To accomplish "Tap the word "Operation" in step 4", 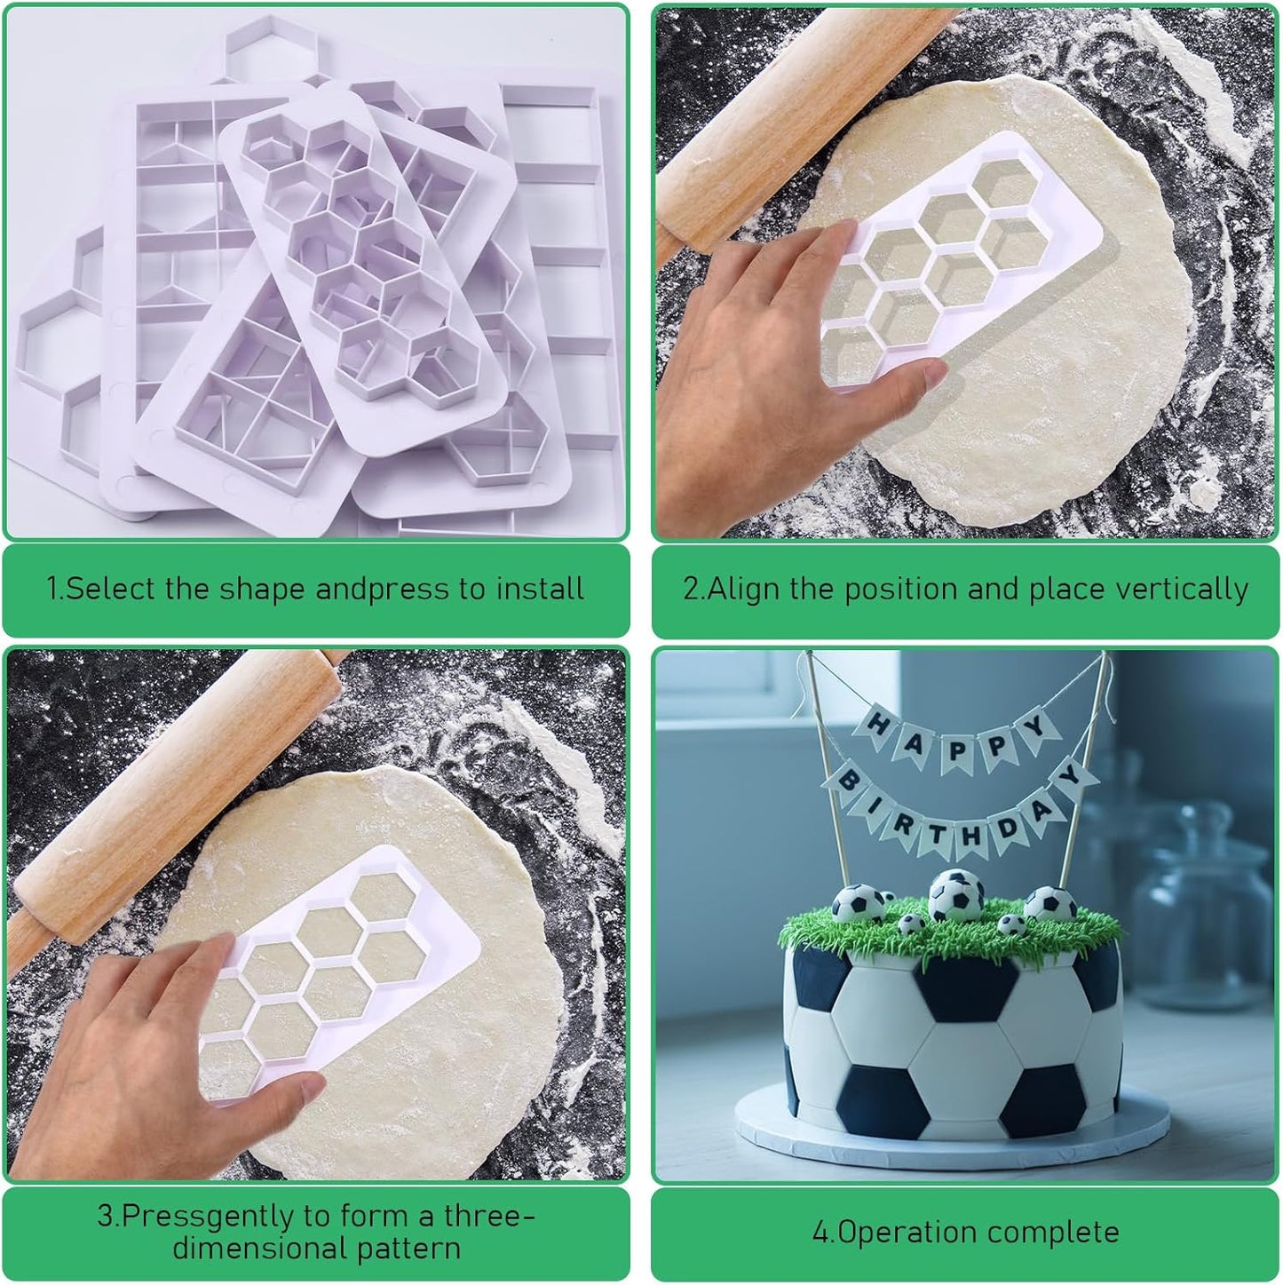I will [x=898, y=1232].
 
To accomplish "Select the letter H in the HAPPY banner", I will [x=877, y=727].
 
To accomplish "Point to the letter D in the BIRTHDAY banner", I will [x=1008, y=829].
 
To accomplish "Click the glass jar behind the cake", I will [x=1208, y=888].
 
